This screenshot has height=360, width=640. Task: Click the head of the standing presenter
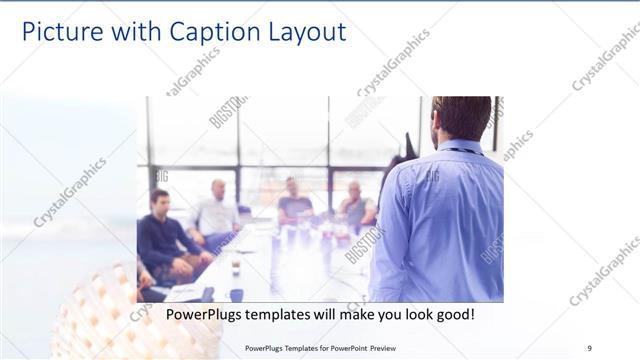coord(463,116)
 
